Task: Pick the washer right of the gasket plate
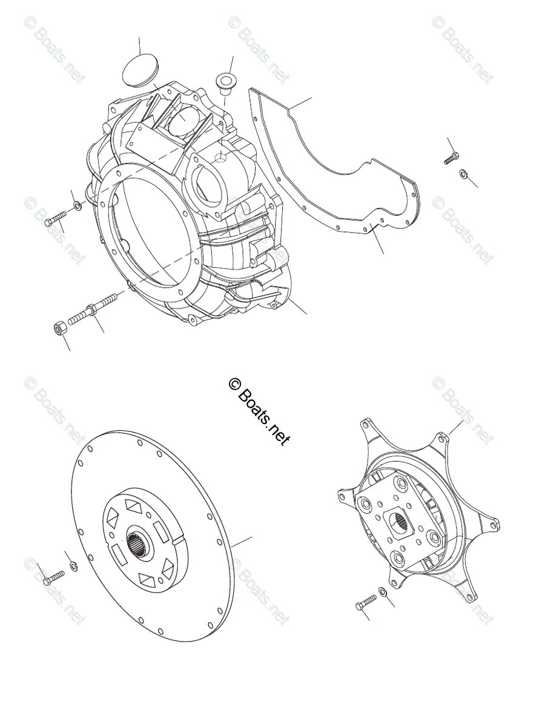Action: pyautogui.click(x=463, y=174)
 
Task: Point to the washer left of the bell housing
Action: pyautogui.click(x=78, y=207)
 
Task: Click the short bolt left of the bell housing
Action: pyautogui.click(x=55, y=219)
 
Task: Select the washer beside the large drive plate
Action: pyautogui.click(x=73, y=566)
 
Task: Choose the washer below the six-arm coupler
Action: pyautogui.click(x=383, y=592)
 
